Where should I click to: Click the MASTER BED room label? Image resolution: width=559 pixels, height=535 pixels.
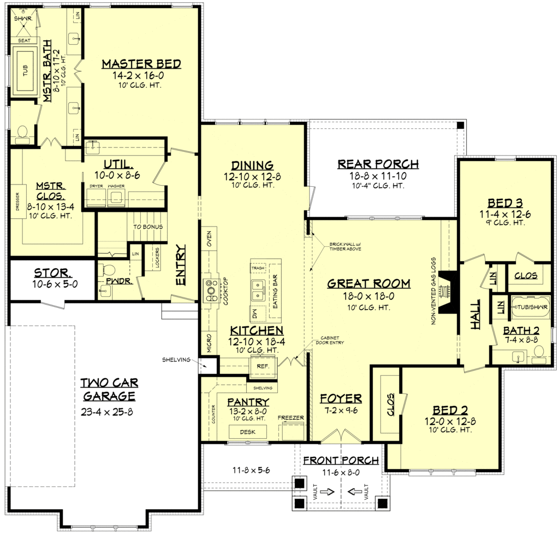tap(141, 64)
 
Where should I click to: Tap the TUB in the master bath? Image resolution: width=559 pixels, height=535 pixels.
tap(26, 70)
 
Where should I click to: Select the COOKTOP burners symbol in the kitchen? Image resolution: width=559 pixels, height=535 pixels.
tap(211, 290)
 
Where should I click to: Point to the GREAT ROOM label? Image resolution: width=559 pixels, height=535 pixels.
tap(368, 283)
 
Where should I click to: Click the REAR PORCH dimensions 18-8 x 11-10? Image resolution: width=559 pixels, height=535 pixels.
tap(378, 176)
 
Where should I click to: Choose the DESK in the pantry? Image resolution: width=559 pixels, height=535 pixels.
tap(247, 432)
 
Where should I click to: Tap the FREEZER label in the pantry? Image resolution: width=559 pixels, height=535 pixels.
tap(291, 418)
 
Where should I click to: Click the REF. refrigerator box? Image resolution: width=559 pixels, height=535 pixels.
tap(263, 366)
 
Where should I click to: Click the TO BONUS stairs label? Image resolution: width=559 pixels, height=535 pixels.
tap(148, 227)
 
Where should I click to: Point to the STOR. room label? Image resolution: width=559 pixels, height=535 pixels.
tap(52, 272)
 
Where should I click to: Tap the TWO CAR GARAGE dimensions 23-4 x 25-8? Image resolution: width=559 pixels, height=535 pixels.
tap(107, 412)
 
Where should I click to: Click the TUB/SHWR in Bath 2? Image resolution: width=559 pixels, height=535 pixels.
tap(531, 307)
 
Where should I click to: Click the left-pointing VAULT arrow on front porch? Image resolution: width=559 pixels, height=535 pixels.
tap(354, 491)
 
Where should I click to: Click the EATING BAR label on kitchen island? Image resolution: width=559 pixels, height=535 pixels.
tap(275, 292)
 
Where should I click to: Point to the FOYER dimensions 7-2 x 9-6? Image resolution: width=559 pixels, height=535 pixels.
tap(341, 410)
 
